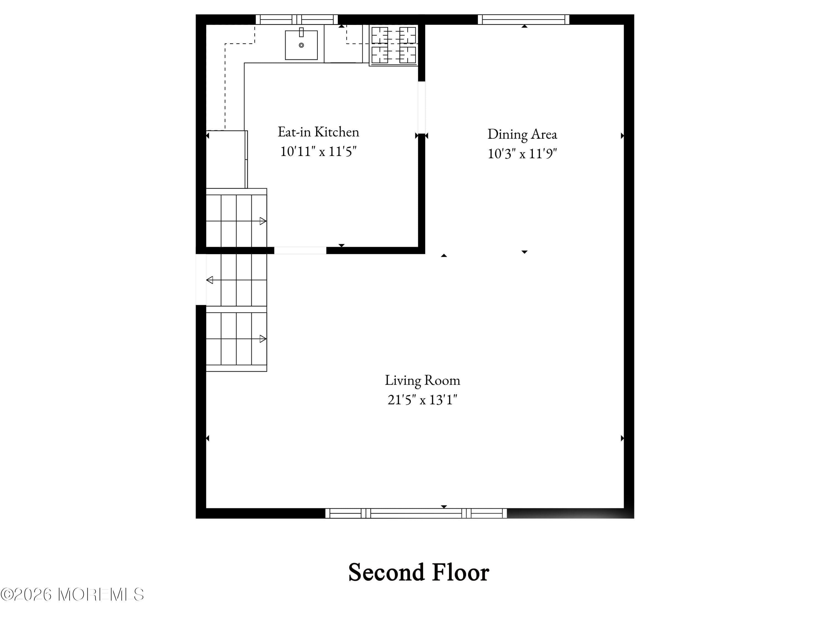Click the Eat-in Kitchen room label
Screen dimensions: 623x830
point(318,132)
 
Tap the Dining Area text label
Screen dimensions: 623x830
point(522,134)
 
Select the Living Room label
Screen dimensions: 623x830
point(422,380)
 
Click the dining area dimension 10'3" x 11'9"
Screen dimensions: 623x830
point(522,154)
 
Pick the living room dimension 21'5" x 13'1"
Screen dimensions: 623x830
point(422,400)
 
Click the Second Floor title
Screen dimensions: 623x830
point(418,572)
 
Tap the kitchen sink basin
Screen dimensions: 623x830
point(301,47)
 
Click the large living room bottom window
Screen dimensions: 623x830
point(416,513)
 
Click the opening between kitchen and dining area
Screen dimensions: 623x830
point(421,107)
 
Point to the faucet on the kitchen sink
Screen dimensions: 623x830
point(301,32)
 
